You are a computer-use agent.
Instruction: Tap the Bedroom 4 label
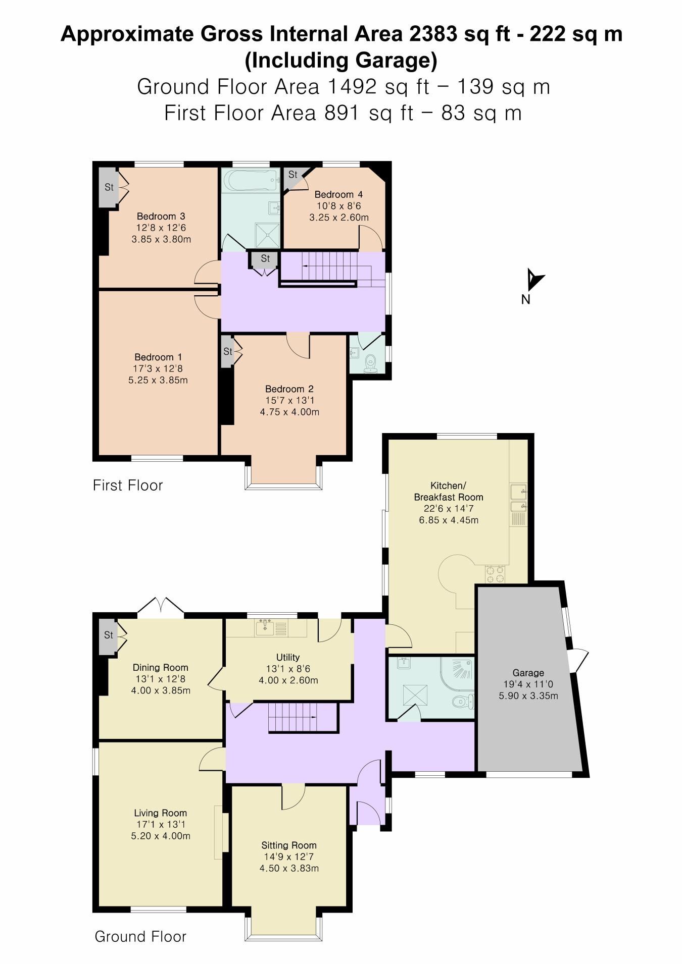[338, 194]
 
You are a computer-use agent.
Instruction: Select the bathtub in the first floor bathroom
[251, 181]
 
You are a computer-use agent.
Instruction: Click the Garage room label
[528, 673]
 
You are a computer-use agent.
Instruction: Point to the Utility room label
[288, 657]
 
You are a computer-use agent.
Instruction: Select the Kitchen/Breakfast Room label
[449, 491]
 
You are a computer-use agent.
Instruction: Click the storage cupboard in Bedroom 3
[109, 187]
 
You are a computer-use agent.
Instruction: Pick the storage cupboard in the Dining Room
[108, 635]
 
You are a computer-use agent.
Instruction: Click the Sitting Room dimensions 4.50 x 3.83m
[289, 868]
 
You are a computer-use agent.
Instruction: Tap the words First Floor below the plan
[128, 486]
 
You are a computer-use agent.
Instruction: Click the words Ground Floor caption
[140, 937]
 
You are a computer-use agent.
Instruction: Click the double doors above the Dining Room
[161, 606]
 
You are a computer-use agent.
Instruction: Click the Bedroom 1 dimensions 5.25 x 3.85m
[158, 380]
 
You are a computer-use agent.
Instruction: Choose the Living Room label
[160, 813]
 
